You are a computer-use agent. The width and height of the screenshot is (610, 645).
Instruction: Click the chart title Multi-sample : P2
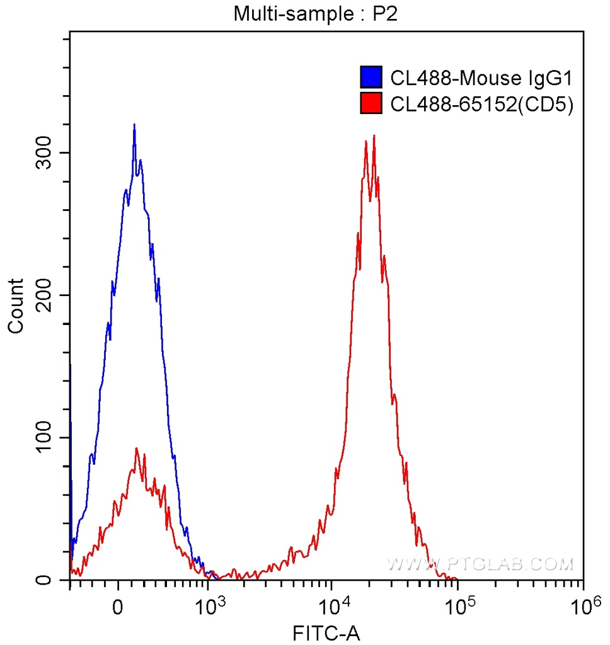316,14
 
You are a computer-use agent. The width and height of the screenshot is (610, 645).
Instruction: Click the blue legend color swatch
371,77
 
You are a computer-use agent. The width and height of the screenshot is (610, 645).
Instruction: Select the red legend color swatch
371,103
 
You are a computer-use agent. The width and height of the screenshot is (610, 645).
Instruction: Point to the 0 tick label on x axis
117,607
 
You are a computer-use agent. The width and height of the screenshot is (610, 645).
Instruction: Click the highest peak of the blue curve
134,125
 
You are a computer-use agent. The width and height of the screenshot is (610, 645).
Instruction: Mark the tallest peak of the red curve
374,135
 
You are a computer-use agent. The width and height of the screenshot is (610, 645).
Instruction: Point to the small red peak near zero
136,448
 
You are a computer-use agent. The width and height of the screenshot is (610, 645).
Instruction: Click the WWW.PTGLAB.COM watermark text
480,564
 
